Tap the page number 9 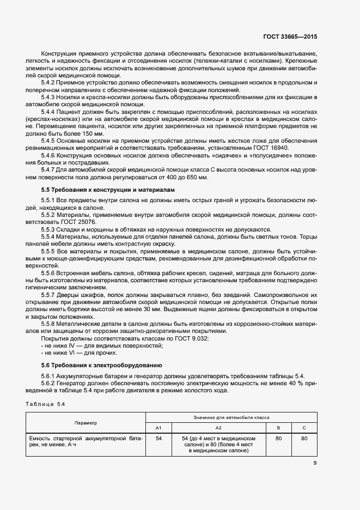(x=315, y=463)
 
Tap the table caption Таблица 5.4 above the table (x=46, y=404)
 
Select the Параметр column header (x=86, y=422)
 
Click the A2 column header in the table (x=218, y=428)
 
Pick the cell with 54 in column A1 (x=158, y=438)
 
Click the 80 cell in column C (x=304, y=438)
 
